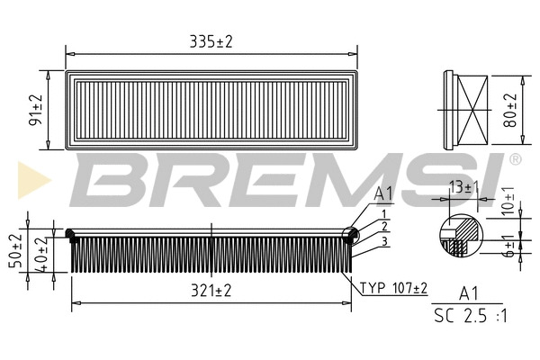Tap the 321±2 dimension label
212,291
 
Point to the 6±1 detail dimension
508,247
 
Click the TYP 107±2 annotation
393,289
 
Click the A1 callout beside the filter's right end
383,193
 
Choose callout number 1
383,212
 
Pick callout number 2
383,226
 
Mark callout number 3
383,240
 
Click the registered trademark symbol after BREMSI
515,159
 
